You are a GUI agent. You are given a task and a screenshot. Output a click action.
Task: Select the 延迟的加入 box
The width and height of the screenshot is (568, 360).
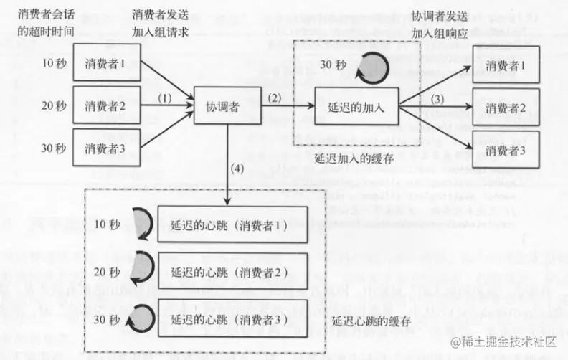(356, 106)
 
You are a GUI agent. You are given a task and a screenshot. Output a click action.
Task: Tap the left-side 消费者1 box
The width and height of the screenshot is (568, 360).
(105, 64)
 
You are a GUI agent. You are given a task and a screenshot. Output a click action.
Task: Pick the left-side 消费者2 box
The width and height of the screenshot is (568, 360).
(105, 106)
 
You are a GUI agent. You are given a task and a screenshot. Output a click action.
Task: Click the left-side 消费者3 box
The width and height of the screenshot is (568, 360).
(105, 148)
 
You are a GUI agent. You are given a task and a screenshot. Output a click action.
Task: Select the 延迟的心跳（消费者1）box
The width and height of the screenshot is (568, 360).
(232, 224)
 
